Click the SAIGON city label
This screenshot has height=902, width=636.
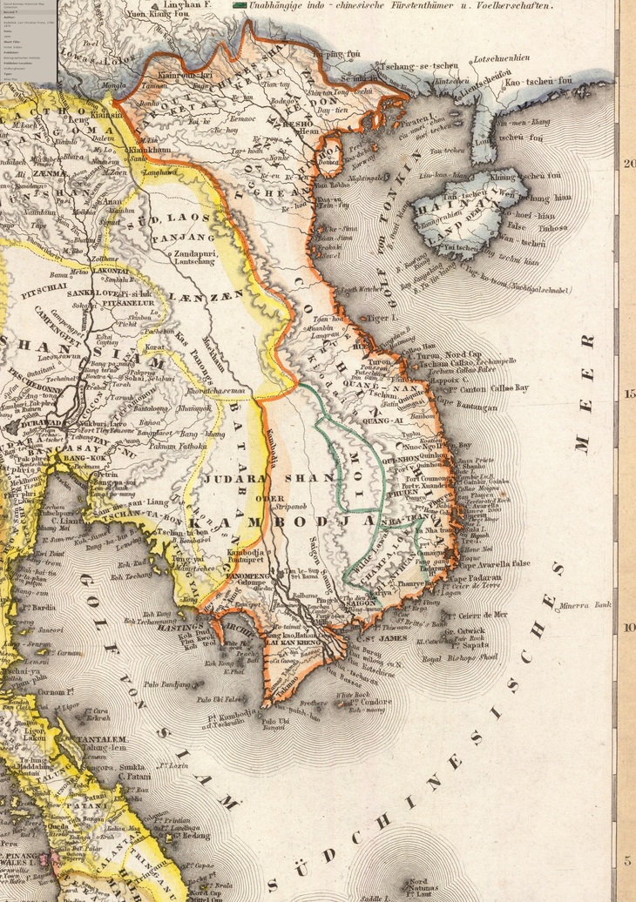(359, 602)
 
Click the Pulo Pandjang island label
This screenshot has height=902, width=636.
(167, 684)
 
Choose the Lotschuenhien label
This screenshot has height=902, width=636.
(501, 58)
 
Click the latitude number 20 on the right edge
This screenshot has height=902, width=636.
(628, 162)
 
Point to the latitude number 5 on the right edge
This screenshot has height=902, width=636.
(628, 860)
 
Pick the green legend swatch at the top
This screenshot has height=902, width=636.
(240, 5)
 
